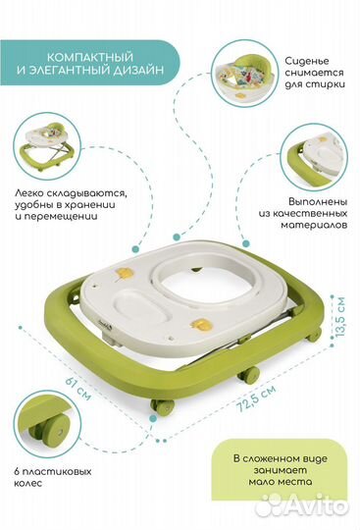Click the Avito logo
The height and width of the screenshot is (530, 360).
pyautogui.click(x=314, y=506)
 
